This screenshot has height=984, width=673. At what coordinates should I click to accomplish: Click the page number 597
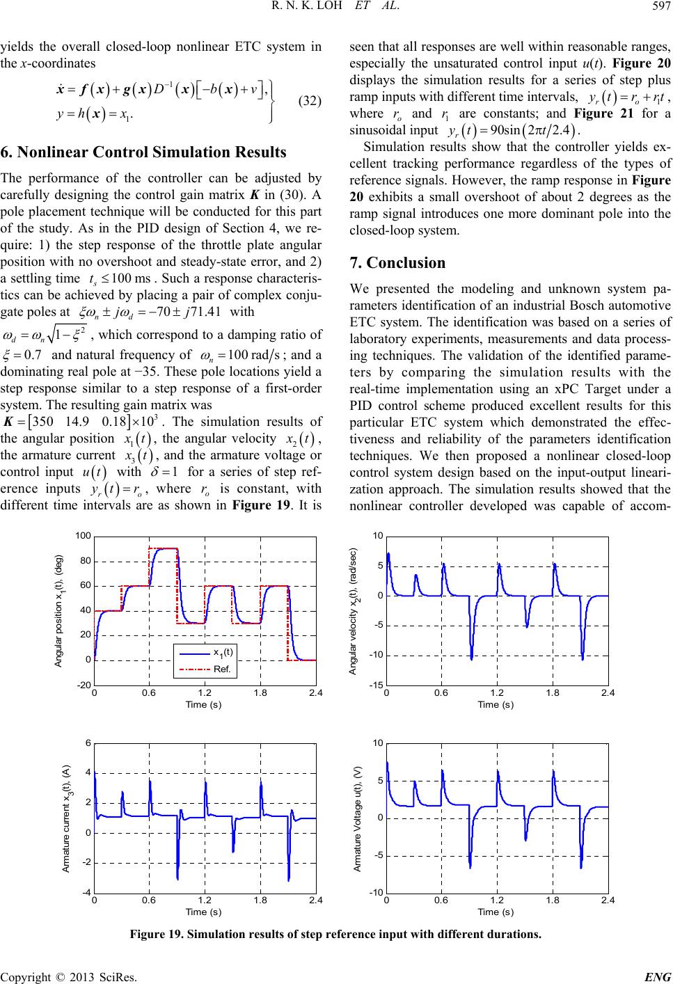(662, 8)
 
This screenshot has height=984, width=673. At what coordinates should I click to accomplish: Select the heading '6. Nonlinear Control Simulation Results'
(143, 152)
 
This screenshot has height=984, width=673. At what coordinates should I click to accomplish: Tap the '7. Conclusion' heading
(397, 263)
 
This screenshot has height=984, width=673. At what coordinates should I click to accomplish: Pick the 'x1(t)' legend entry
(224, 653)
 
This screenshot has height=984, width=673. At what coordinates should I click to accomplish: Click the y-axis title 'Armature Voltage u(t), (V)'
(358, 818)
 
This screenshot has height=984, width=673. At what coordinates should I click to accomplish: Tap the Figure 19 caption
(336, 934)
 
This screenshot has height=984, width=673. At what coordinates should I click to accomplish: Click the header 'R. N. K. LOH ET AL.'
(335, 8)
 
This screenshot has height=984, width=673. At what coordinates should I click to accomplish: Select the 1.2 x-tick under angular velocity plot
(496, 694)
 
